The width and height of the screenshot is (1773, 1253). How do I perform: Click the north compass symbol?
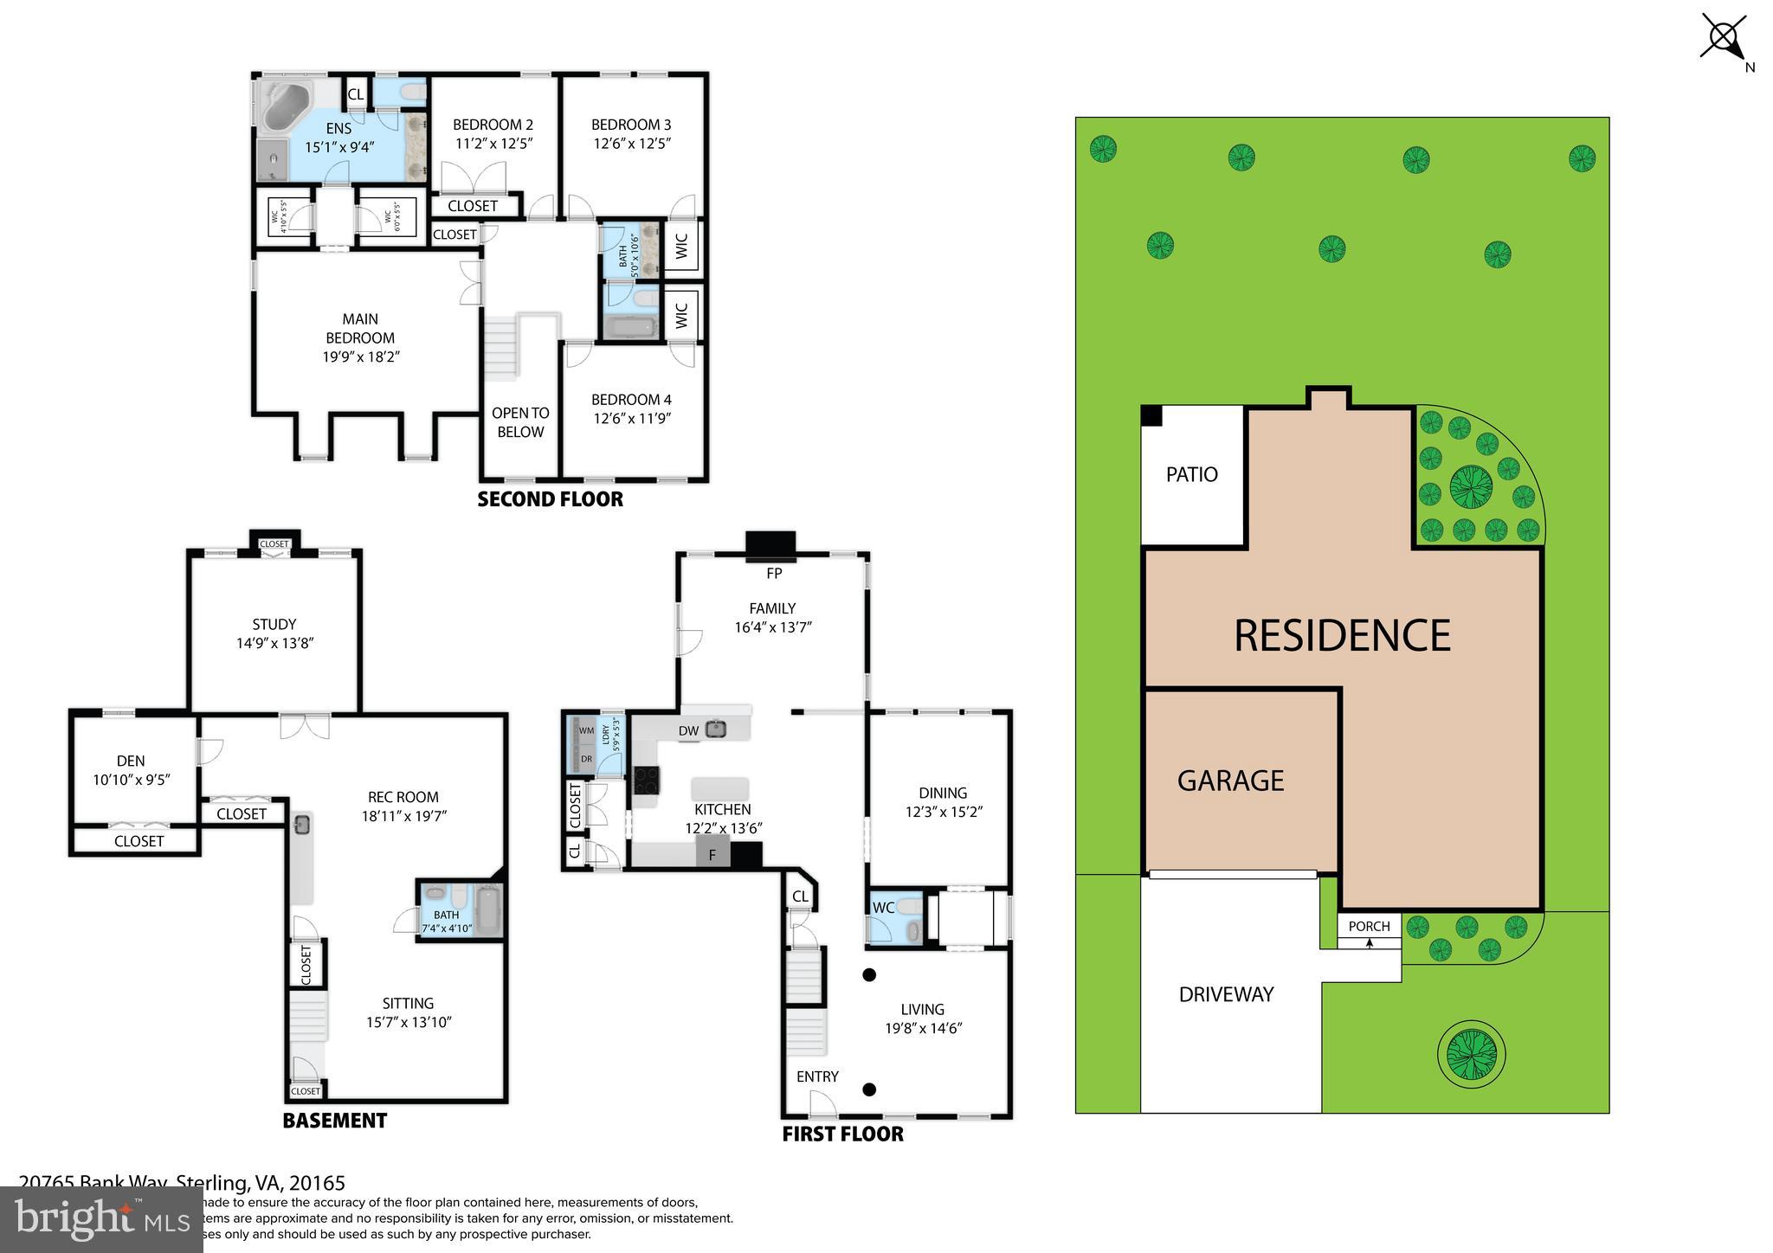[x=1723, y=38]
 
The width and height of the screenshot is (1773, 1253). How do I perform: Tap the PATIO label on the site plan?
[x=1191, y=474]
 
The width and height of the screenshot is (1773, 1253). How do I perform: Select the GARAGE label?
[x=1229, y=781]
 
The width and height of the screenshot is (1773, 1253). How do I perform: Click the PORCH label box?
[x=1369, y=927]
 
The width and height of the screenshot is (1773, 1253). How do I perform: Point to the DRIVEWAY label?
[x=1226, y=994]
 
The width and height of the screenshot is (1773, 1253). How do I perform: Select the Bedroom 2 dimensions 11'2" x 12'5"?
[x=493, y=144]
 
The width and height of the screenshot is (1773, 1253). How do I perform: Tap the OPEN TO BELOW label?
[x=520, y=422]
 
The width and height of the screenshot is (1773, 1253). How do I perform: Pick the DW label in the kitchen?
[x=688, y=731]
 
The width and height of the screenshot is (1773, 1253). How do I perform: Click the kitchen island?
[x=719, y=788]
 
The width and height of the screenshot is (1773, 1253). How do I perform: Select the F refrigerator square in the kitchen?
[x=712, y=855]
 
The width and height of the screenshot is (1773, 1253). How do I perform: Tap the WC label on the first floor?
[x=883, y=908]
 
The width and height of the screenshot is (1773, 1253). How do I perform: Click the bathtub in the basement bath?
[x=489, y=910]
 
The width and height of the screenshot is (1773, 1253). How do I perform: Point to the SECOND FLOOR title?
[x=550, y=499]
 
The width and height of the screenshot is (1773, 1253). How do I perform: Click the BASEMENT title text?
[x=334, y=1121]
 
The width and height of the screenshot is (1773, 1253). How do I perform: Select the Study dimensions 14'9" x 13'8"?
[x=274, y=643]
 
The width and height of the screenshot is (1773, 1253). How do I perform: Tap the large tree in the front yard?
[x=1471, y=1054]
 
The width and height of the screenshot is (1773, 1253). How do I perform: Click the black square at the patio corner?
[x=1151, y=416]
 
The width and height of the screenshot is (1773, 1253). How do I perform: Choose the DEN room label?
[x=131, y=761]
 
